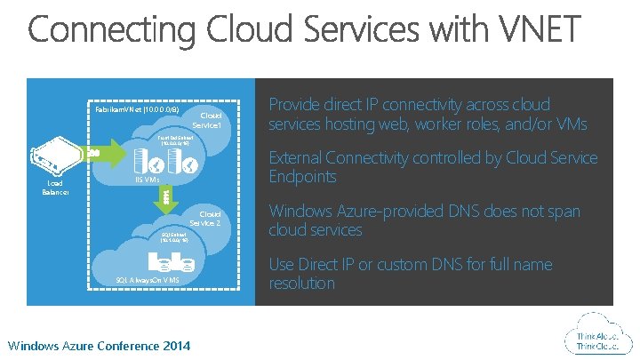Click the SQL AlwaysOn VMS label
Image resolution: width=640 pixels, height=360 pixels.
coord(148,279)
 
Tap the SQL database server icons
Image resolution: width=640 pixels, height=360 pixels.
coord(175,261)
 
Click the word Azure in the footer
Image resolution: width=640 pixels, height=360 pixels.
coord(79,344)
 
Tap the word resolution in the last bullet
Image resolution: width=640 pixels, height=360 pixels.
coord(301,283)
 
